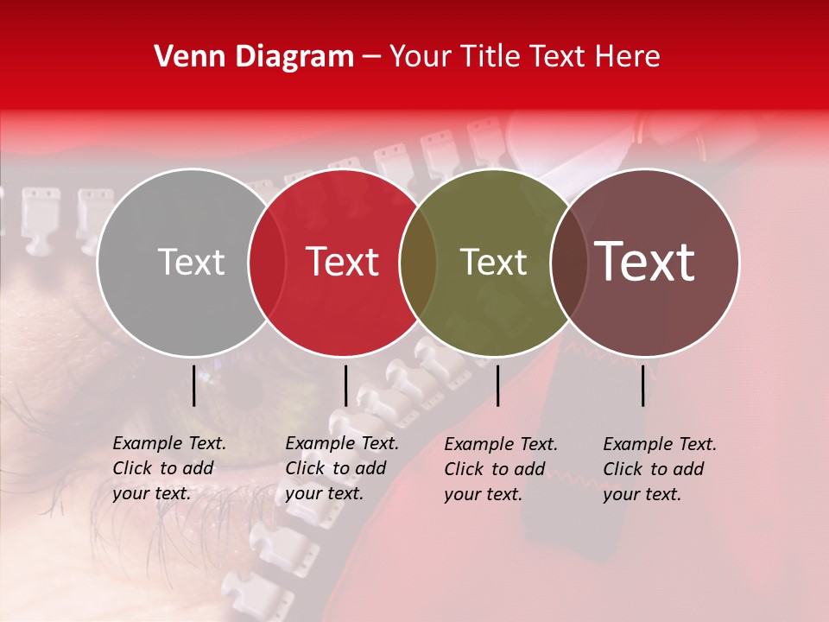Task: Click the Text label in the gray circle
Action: pyautogui.click(x=191, y=262)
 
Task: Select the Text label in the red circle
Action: pyautogui.click(x=343, y=262)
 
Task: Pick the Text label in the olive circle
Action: pyautogui.click(x=494, y=262)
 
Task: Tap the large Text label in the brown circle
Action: pyautogui.click(x=645, y=262)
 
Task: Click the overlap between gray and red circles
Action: pyautogui.click(x=267, y=263)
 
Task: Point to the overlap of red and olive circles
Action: pyautogui.click(x=419, y=263)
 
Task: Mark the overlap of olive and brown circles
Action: pyautogui.click(x=569, y=263)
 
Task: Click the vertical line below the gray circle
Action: pyautogui.click(x=194, y=385)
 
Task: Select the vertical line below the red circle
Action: pyautogui.click(x=345, y=385)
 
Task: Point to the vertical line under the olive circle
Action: pyautogui.click(x=497, y=385)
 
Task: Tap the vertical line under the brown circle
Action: pyautogui.click(x=643, y=385)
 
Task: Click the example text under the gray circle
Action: pyautogui.click(x=168, y=468)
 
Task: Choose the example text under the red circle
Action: pyautogui.click(x=341, y=468)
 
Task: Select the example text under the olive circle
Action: pyautogui.click(x=501, y=469)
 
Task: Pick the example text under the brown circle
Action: pyautogui.click(x=660, y=469)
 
